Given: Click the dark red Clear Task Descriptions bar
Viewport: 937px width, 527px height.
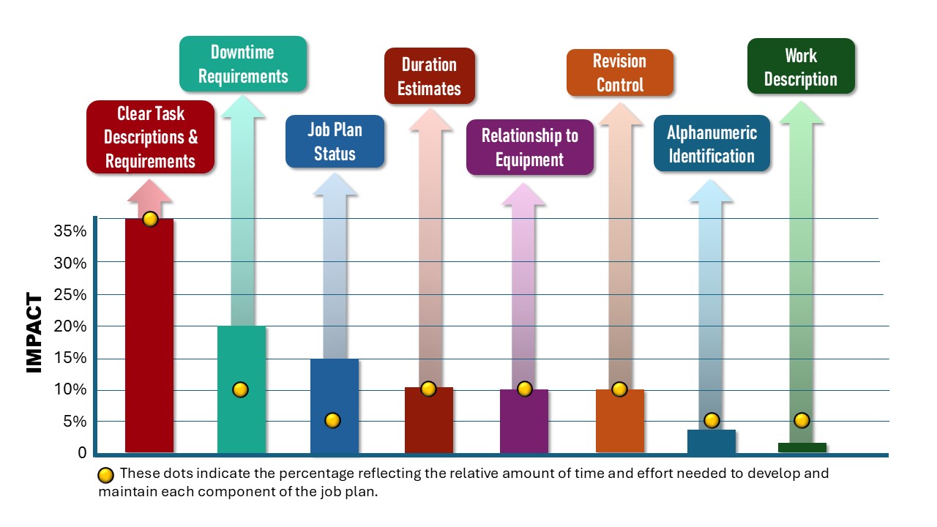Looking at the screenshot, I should click(149, 337).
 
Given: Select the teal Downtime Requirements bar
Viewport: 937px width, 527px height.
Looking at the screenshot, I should click(242, 425).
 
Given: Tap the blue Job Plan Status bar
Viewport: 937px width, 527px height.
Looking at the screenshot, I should click(335, 439).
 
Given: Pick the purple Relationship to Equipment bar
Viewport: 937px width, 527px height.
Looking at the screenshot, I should click(524, 425).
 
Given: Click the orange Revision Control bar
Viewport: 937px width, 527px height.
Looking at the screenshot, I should click(620, 425).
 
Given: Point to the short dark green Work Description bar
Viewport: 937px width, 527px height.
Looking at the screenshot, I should click(802, 447).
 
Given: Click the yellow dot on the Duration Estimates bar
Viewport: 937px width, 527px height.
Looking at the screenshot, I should click(428, 389).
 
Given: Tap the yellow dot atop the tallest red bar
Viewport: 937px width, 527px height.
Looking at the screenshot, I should click(150, 219).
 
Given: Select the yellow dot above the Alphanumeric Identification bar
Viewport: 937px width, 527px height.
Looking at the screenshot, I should click(712, 420).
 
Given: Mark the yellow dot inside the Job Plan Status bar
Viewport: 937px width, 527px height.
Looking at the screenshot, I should click(332, 420).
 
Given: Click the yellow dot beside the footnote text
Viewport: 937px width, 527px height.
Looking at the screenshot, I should click(106, 475).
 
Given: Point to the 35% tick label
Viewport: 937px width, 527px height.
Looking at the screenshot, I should click(71, 231).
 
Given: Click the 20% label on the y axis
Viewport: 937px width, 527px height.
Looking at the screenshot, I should click(71, 326).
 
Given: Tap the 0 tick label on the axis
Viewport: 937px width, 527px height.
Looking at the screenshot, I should click(82, 453).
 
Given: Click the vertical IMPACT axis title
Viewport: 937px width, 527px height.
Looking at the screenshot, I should click(34, 333).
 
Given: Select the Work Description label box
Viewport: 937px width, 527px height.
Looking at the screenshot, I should click(801, 67).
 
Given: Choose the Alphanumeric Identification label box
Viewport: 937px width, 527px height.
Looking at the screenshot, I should click(712, 143).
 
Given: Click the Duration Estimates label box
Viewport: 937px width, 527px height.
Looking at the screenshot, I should click(430, 76).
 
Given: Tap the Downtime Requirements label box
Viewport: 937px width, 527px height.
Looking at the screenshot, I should click(243, 64).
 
